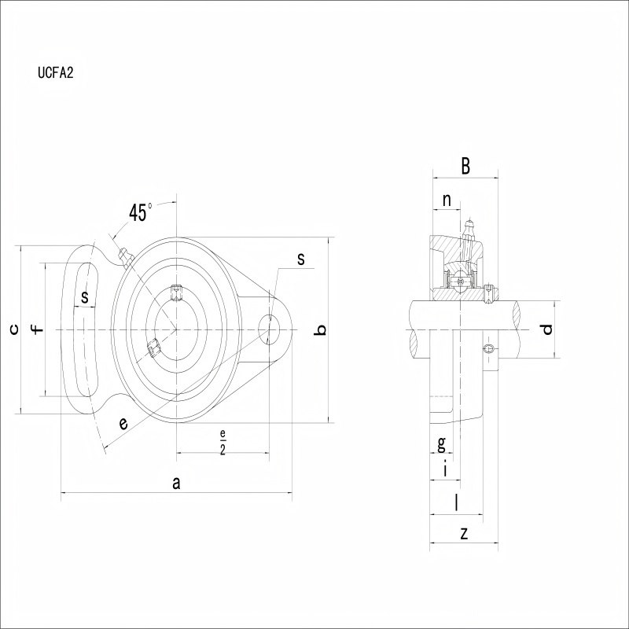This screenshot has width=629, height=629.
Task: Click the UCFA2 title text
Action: point(56,72)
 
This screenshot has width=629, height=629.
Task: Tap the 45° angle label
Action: point(140,212)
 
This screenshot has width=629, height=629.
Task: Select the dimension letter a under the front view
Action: point(176,484)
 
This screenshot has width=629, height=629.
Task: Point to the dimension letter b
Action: point(322,329)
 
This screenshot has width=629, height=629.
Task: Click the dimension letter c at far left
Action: point(14,329)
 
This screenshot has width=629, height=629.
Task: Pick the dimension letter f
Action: point(37,329)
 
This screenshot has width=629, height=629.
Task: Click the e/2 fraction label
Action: point(223,442)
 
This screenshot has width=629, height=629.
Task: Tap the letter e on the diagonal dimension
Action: point(123,423)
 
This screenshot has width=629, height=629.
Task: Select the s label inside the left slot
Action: point(84,297)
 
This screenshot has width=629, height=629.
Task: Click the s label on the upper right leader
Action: point(301,259)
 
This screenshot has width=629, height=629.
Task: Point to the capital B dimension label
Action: point(465,166)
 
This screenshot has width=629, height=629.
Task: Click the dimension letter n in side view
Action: point(447,200)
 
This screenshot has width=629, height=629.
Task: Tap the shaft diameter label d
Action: point(546,329)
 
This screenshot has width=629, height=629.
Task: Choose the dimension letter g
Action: point(441,443)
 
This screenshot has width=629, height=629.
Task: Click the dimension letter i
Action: point(445,469)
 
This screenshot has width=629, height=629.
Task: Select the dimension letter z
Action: point(464,534)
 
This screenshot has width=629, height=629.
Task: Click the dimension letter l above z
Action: point(456,502)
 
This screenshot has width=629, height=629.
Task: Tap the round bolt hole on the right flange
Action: point(269,329)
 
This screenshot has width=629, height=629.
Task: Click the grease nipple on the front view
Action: point(126,258)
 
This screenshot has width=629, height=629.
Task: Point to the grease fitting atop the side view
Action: point(469,229)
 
